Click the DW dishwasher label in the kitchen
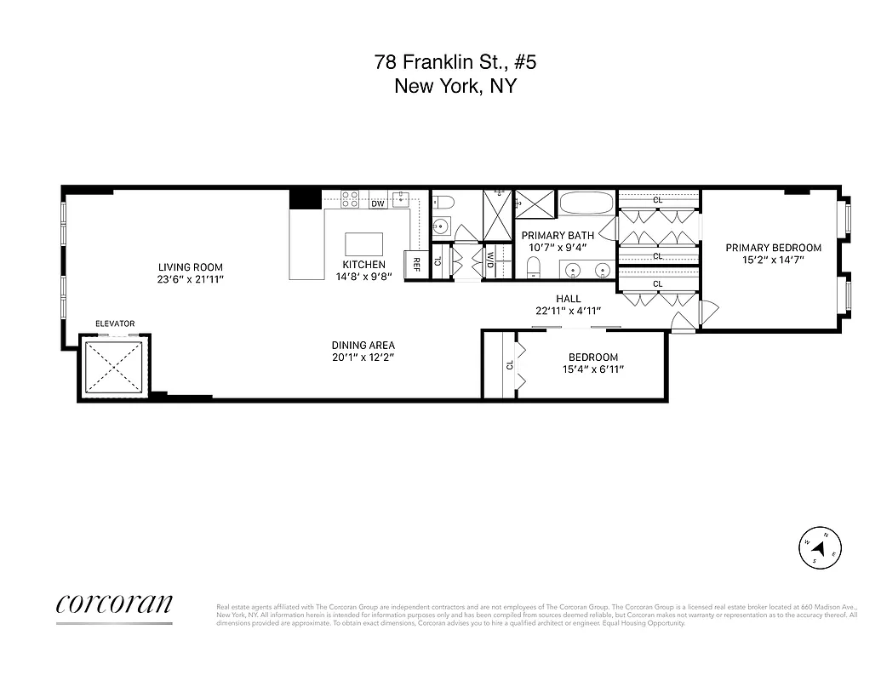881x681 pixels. pyautogui.click(x=378, y=203)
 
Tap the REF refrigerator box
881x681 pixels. pyautogui.click(x=417, y=263)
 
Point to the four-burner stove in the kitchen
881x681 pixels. pyautogui.click(x=350, y=199)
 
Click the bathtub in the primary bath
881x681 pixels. pyautogui.click(x=586, y=204)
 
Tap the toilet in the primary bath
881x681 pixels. pyautogui.click(x=534, y=269)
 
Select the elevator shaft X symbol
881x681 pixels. pyautogui.click(x=115, y=367)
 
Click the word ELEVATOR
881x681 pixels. pyautogui.click(x=115, y=323)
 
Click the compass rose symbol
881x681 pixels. pyautogui.click(x=821, y=547)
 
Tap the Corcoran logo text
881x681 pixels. pyautogui.click(x=114, y=604)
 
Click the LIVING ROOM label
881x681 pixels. pyautogui.click(x=190, y=267)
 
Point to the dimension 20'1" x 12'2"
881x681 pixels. pyautogui.click(x=363, y=358)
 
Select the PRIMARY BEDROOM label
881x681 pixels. pyautogui.click(x=773, y=248)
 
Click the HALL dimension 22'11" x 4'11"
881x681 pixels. pyautogui.click(x=569, y=311)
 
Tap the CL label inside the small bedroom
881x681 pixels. pyautogui.click(x=510, y=364)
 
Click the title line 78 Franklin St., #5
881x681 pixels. pyautogui.click(x=455, y=62)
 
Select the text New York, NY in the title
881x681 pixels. pyautogui.click(x=455, y=86)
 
